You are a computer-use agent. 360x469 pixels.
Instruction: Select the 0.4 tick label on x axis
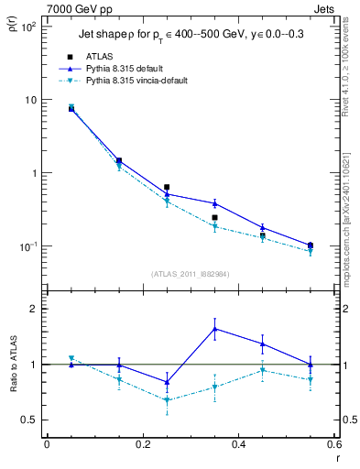click(238, 445)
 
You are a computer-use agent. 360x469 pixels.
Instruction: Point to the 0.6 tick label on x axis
click(333, 445)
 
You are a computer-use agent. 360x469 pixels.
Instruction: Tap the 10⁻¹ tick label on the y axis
click(27, 246)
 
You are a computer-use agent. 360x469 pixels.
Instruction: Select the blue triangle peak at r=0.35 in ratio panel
click(214, 328)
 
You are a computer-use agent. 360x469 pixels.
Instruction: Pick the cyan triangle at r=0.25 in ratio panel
click(167, 399)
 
